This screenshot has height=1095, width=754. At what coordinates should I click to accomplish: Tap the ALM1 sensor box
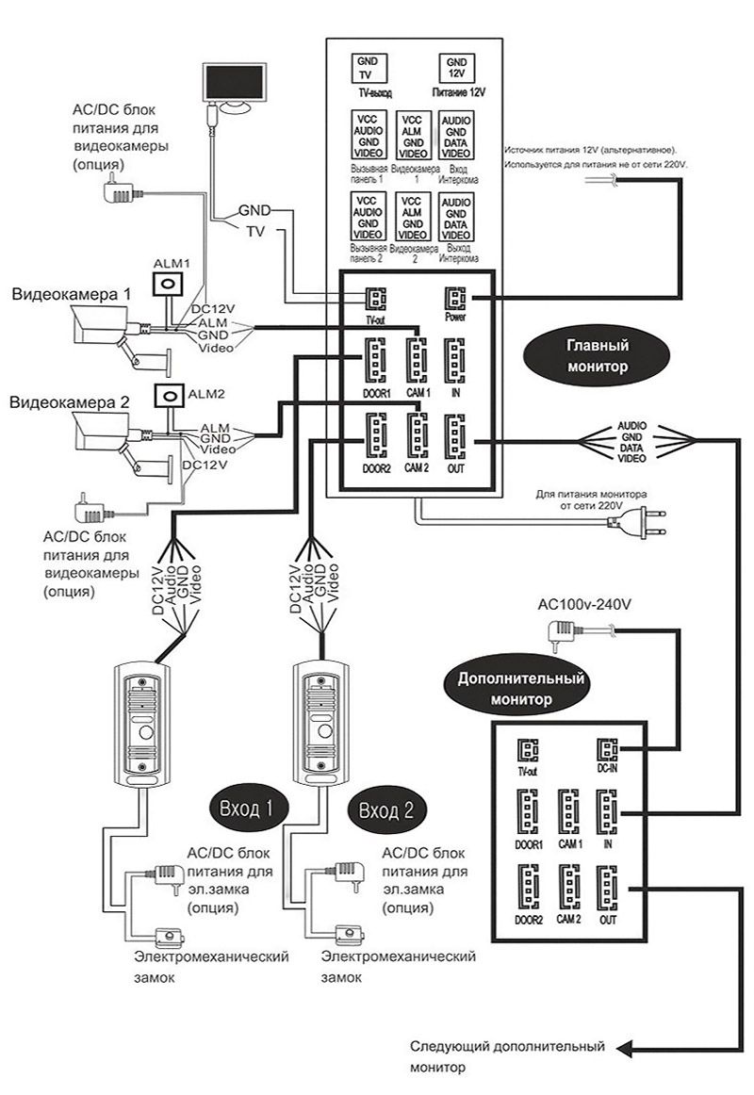(x=171, y=285)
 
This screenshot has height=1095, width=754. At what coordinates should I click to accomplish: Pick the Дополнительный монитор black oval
(x=521, y=689)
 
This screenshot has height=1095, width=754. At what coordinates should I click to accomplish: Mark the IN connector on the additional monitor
(x=606, y=809)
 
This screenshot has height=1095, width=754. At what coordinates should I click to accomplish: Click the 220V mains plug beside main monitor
(x=651, y=515)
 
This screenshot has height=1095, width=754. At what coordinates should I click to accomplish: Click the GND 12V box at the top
(x=456, y=69)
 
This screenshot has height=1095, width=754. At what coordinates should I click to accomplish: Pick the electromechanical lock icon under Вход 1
(x=171, y=936)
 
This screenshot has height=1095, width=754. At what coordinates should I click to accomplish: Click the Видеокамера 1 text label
(x=71, y=294)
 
